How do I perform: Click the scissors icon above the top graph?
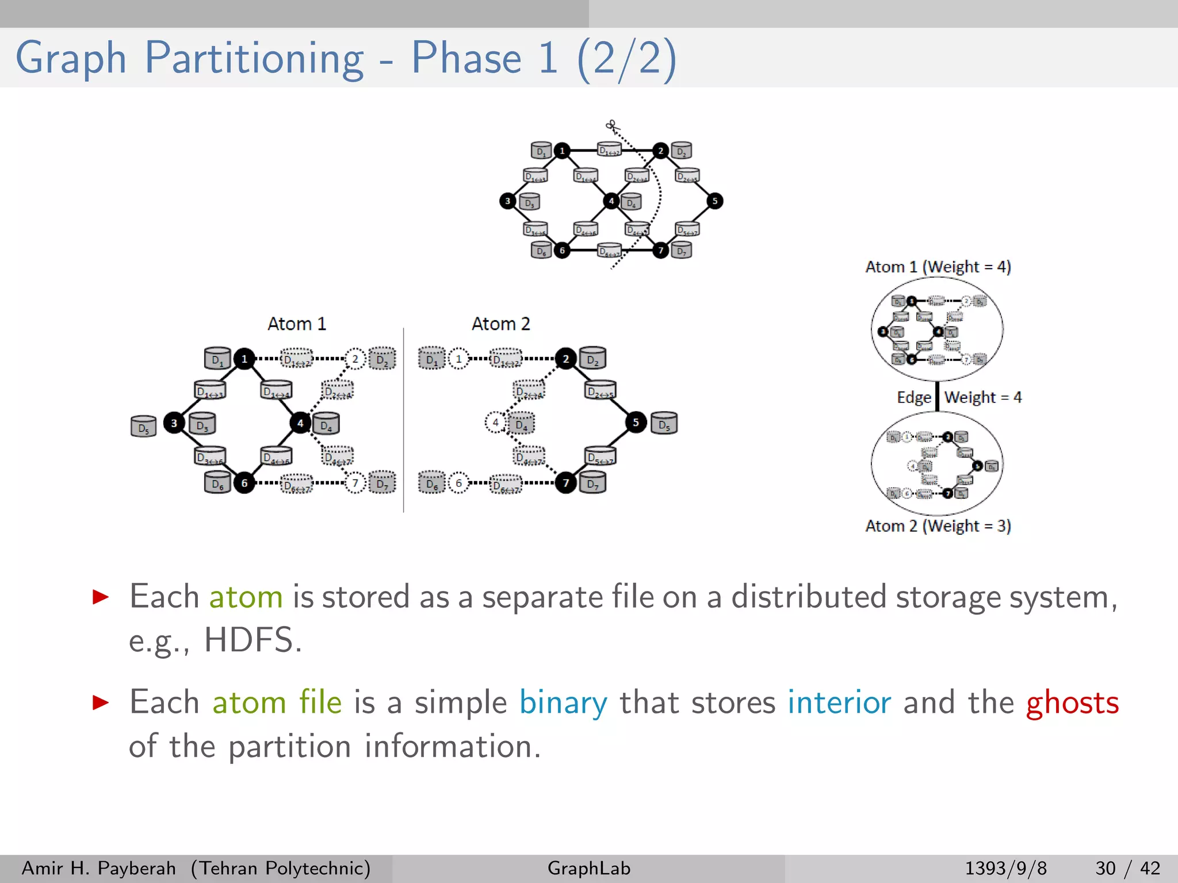click(x=611, y=125)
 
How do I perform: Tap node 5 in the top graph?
click(x=714, y=201)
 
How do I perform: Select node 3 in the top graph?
click(x=507, y=201)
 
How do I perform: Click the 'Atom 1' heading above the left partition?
click(x=297, y=324)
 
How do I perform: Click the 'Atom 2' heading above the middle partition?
click(x=500, y=324)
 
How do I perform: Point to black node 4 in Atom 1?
click(x=300, y=423)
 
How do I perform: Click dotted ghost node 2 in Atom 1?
click(x=355, y=359)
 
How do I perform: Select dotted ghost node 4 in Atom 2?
click(x=495, y=423)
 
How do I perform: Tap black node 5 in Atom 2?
click(x=636, y=423)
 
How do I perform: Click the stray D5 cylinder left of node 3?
click(x=143, y=427)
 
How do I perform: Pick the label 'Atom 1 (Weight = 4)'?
click(x=938, y=267)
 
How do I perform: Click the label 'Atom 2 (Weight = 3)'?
click(x=938, y=526)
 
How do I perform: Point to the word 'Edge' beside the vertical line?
click(x=913, y=397)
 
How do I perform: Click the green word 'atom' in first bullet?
click(x=246, y=597)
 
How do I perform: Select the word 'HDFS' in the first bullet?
click(x=248, y=640)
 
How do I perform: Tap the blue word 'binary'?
click(x=563, y=703)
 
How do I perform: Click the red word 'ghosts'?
click(x=1072, y=703)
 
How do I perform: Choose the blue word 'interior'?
click(x=839, y=702)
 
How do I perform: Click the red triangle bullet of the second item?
click(x=101, y=702)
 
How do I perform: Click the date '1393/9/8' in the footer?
click(x=1005, y=868)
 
